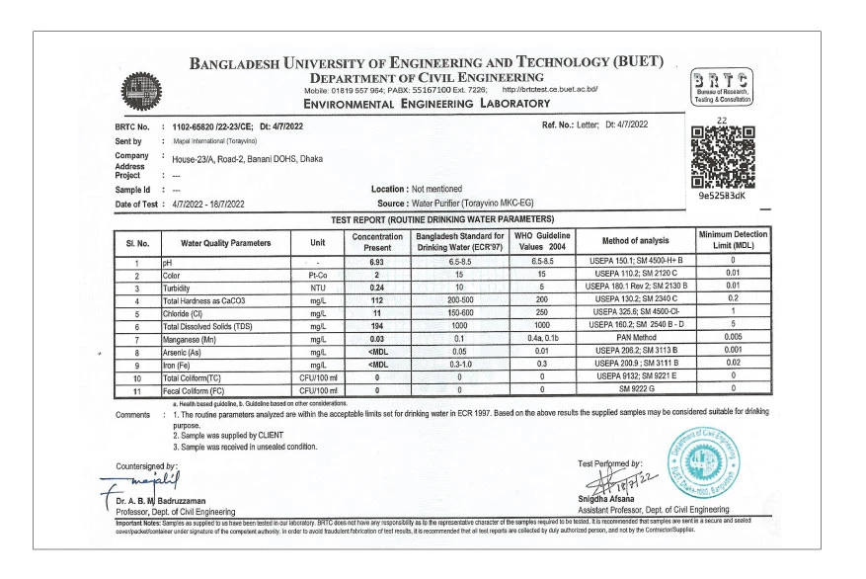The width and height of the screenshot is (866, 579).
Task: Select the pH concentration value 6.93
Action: point(376,261)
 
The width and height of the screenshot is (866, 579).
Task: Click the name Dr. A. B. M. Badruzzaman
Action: point(167,500)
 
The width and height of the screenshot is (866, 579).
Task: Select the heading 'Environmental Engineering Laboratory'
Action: point(427,103)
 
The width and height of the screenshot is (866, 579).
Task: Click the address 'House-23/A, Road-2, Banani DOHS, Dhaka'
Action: point(247,158)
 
